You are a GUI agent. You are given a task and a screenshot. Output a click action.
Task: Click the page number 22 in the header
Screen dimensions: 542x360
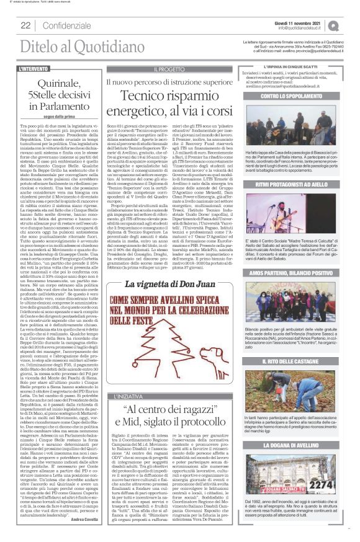click(x=27, y=25)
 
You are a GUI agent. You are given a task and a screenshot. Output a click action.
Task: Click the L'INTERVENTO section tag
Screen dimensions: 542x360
click(x=34, y=69)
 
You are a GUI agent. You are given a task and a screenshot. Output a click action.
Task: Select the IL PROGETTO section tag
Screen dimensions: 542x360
click(x=170, y=69)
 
